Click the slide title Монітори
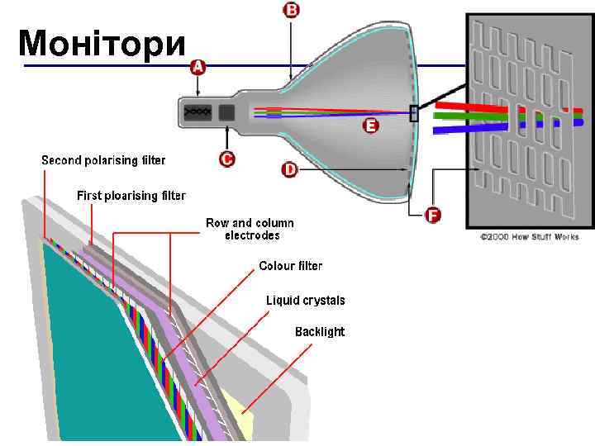(x=102, y=43)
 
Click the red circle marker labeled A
(x=198, y=66)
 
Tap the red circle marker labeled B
(x=291, y=11)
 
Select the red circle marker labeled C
(x=227, y=159)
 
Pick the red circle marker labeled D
(x=290, y=169)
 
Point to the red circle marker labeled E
(x=370, y=126)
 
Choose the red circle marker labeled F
(x=432, y=216)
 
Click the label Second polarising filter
(x=103, y=159)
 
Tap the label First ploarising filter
(x=131, y=196)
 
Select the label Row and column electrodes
(x=250, y=229)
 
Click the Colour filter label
(x=290, y=266)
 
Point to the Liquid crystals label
(x=305, y=300)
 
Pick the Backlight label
(x=320, y=332)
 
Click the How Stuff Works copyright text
(x=530, y=237)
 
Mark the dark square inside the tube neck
(x=226, y=113)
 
